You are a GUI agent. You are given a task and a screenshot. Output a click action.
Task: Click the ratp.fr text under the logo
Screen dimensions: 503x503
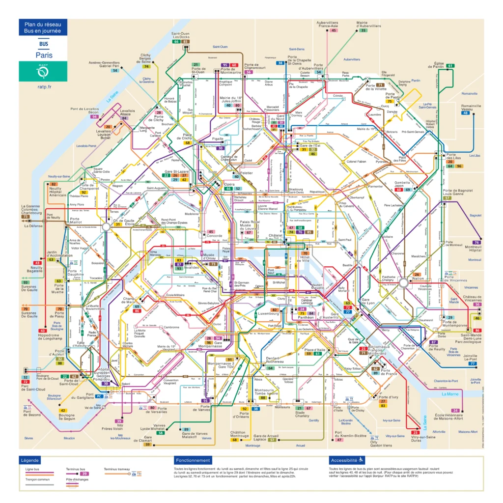pos(44,87)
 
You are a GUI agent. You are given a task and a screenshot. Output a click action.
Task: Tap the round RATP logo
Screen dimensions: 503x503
pos(44,72)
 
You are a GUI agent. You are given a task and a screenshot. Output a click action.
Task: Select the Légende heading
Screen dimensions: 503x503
pos(30,460)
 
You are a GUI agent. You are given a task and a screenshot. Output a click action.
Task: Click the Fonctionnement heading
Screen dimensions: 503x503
pos(193,460)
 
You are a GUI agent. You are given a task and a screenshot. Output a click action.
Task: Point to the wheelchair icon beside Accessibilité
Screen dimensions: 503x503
pos(361,460)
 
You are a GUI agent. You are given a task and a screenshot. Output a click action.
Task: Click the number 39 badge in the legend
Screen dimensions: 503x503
pos(84,474)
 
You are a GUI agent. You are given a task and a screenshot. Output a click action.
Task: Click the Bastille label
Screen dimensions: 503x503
pos(348,265)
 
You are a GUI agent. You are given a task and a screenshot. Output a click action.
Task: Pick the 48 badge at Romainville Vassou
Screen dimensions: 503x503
pos(466,113)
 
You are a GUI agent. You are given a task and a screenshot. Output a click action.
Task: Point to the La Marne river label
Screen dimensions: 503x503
pos(449,394)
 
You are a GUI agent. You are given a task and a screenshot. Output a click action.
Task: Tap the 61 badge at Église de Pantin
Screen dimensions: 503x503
pos(450,66)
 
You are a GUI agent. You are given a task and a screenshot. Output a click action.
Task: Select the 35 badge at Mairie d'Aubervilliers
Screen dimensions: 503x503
pos(363,30)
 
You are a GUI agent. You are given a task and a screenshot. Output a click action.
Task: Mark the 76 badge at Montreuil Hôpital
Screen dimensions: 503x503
pos(475,243)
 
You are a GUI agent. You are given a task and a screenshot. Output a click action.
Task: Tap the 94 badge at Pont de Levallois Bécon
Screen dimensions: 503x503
pos(94,117)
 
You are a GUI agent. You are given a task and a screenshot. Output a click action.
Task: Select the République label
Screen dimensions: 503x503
pos(317,192)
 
